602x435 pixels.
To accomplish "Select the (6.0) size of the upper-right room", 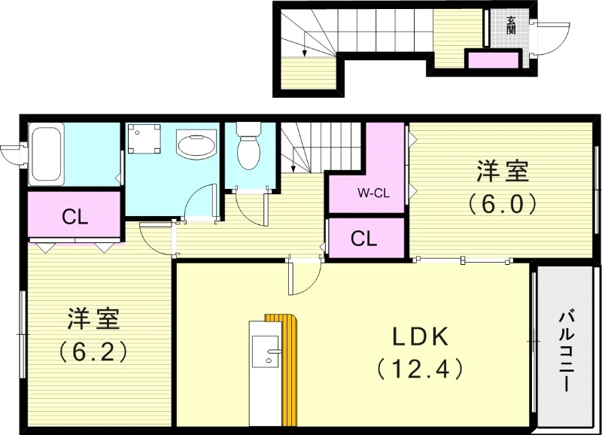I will [x=501, y=203].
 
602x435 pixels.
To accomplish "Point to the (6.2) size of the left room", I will [x=93, y=350].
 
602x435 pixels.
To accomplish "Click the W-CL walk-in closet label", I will [x=372, y=193].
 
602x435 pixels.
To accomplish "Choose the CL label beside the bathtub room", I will [x=75, y=218].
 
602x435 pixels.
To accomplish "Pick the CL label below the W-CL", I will [x=364, y=239].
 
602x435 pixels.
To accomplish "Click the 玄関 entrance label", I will [x=511, y=26].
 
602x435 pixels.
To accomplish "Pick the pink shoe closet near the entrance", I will [x=493, y=59].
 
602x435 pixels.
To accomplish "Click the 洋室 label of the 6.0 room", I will [x=501, y=172].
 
